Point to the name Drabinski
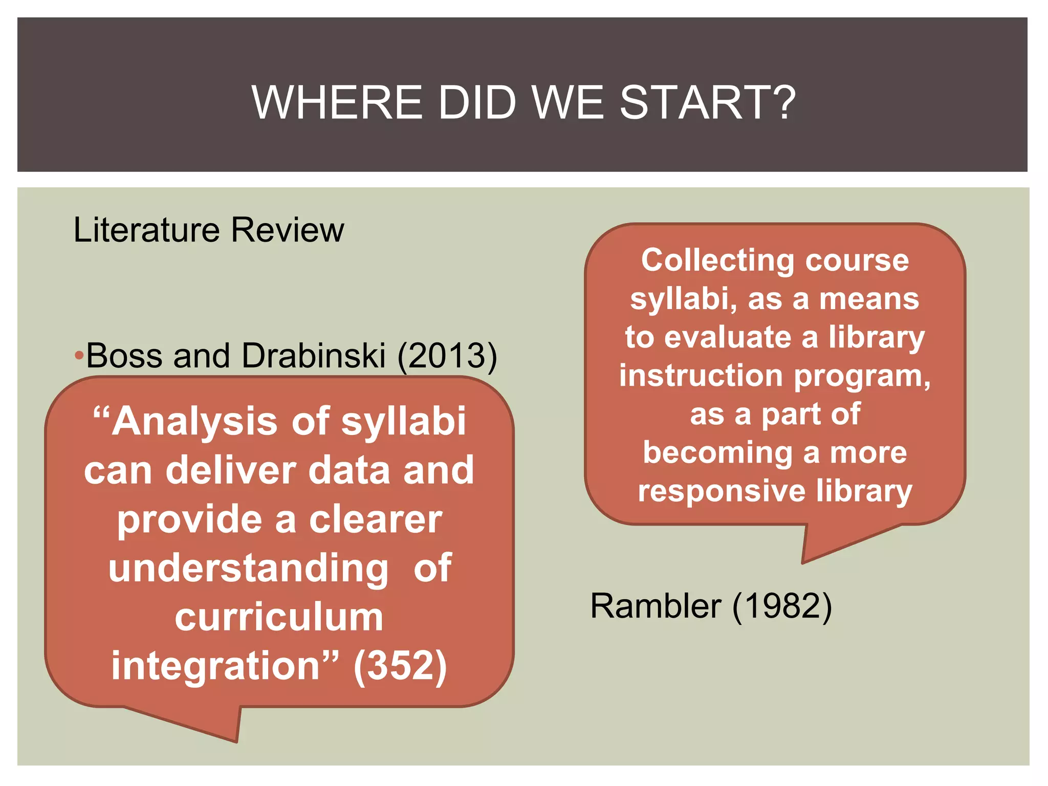tap(313, 355)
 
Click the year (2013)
tap(447, 356)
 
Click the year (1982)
tap(782, 606)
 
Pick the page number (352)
tap(400, 666)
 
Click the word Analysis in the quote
tap(194, 422)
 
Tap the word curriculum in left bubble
tap(279, 617)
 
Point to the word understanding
tap(248, 568)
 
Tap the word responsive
tap(722, 491)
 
